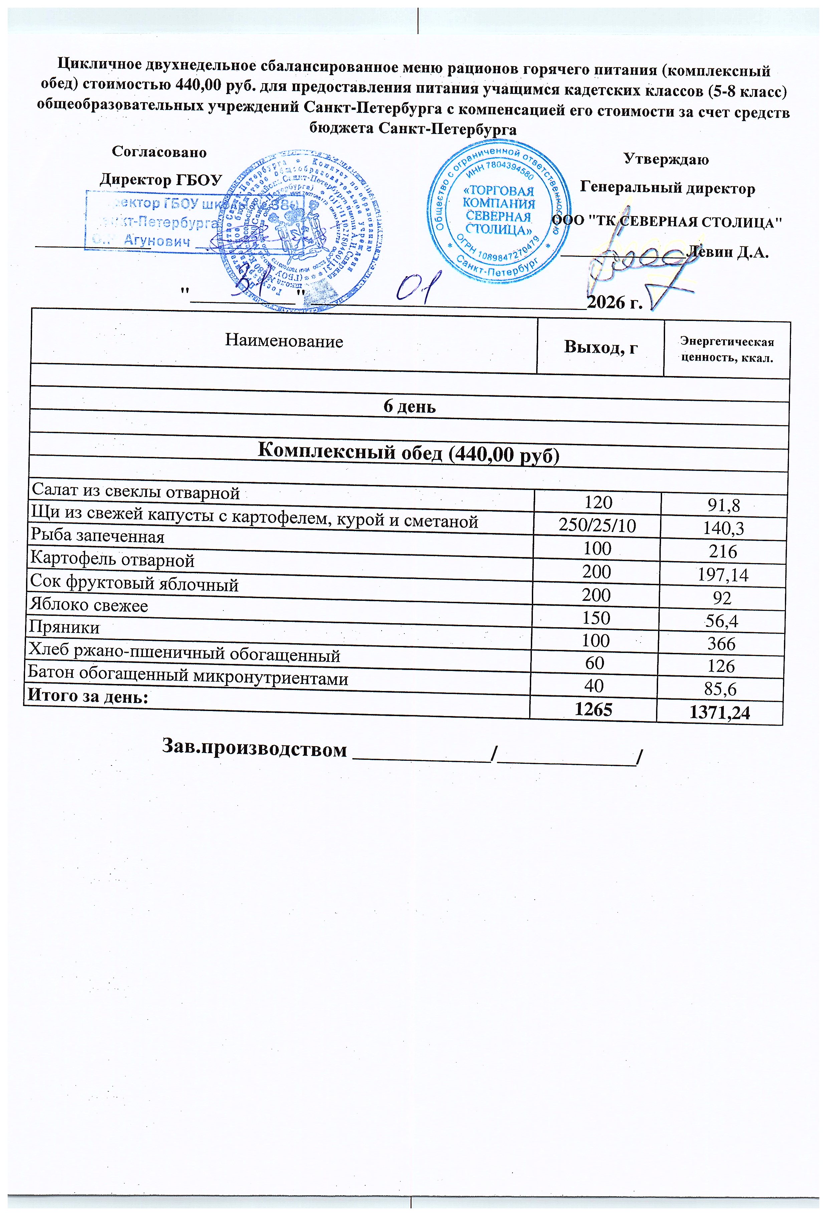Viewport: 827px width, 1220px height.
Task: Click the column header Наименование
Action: (x=284, y=341)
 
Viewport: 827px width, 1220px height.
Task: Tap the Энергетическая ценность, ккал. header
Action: (x=727, y=350)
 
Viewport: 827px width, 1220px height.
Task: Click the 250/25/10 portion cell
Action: (x=597, y=525)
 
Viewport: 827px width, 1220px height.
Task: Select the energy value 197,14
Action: (x=722, y=576)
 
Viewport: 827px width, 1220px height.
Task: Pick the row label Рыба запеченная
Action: (x=97, y=536)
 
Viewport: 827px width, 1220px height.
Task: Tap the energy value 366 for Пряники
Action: (x=721, y=644)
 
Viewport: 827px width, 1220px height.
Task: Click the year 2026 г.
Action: (x=614, y=302)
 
